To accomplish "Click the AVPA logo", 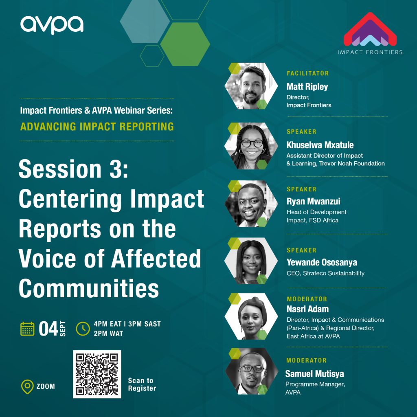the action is (52, 25).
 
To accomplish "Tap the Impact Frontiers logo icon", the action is (370, 29).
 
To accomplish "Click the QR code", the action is (97, 374).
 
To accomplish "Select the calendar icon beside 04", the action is (27, 329).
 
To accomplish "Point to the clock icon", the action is (83, 329).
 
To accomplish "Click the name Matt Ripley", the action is (307, 87).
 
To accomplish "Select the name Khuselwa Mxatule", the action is (320, 145).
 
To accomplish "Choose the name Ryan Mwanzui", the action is (313, 201).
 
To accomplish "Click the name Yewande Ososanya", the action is (322, 263).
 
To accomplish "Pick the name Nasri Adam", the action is (308, 309).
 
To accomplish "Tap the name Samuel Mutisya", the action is (315, 374).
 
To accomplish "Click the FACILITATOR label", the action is (308, 73).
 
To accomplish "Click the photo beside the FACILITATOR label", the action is (251, 86).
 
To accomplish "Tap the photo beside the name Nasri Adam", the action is (251, 316).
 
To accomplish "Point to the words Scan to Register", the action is (142, 384).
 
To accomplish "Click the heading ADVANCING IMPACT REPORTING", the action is (97, 127).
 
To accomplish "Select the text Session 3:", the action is (73, 169).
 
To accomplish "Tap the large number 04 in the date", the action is (48, 329).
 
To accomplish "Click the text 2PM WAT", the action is (108, 334).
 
